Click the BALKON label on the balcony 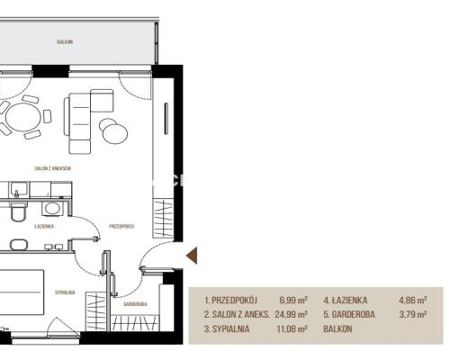tap(65, 41)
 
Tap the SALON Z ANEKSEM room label tap(53, 168)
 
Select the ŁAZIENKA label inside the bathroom tap(44, 226)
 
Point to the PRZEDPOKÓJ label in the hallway tap(121, 226)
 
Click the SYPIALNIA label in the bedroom tap(65, 292)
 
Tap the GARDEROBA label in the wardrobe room tap(135, 304)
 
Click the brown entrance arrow tap(192, 256)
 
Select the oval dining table tap(23, 117)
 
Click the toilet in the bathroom tap(19, 211)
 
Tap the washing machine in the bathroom tap(52, 209)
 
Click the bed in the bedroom tap(21, 292)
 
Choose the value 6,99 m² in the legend tap(293, 300)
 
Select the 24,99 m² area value tap(291, 314)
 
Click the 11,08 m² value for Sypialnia tap(292, 328)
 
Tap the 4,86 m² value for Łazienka tap(413, 300)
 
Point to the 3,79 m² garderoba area tap(413, 314)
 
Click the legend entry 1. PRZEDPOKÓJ tap(231, 300)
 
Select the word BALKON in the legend tap(337, 328)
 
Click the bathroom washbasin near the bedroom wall tap(19, 245)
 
